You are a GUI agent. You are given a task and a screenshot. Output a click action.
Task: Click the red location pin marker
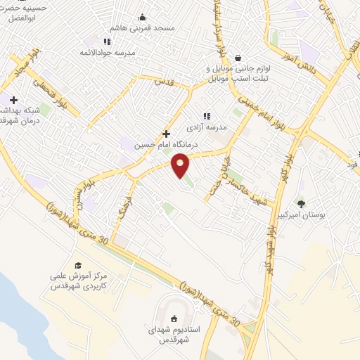point(181,166)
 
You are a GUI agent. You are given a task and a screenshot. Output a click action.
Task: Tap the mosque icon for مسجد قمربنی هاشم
point(143,18)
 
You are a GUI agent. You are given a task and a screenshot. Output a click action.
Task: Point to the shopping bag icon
point(238,58)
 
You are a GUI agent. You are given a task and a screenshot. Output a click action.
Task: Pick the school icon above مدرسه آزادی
point(206,116)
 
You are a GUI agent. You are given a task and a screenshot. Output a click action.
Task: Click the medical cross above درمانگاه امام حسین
point(166,133)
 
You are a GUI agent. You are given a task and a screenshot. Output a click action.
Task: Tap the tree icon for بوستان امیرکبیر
point(301,204)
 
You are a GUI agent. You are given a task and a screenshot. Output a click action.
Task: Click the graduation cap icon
point(78,264)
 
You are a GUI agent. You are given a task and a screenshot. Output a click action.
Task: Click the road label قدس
point(164,82)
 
